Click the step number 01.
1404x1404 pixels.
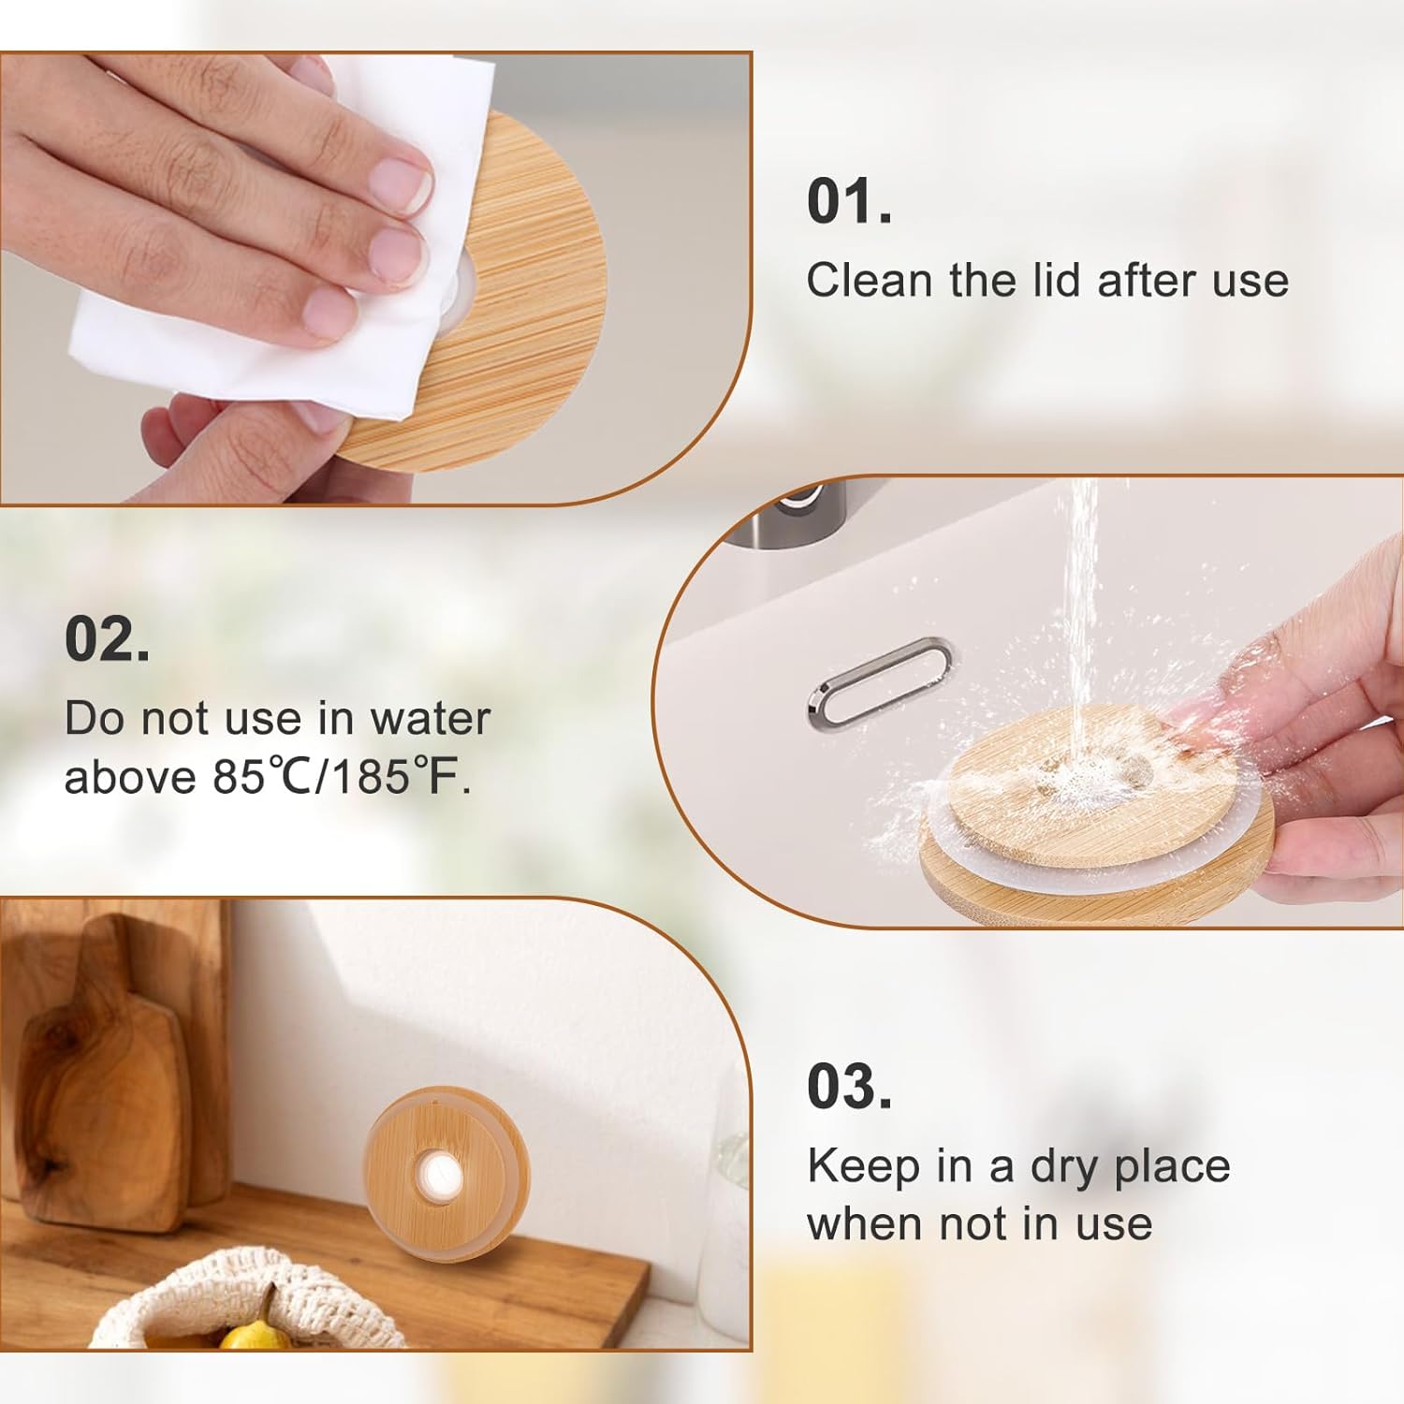point(849,201)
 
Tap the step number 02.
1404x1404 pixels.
point(107,639)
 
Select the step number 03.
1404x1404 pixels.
point(849,1087)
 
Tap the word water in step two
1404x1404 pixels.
point(430,719)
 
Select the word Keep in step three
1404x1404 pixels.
point(864,1166)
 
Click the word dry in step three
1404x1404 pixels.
point(1064,1168)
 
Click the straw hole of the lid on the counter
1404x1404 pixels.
point(438,1171)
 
